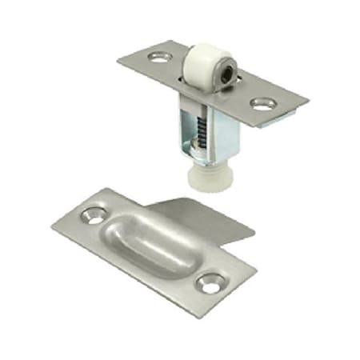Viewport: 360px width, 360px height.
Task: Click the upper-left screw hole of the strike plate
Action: coord(94,214)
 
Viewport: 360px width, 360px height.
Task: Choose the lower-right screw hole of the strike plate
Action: coord(210,282)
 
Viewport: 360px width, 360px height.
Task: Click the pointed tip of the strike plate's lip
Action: coord(254,234)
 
